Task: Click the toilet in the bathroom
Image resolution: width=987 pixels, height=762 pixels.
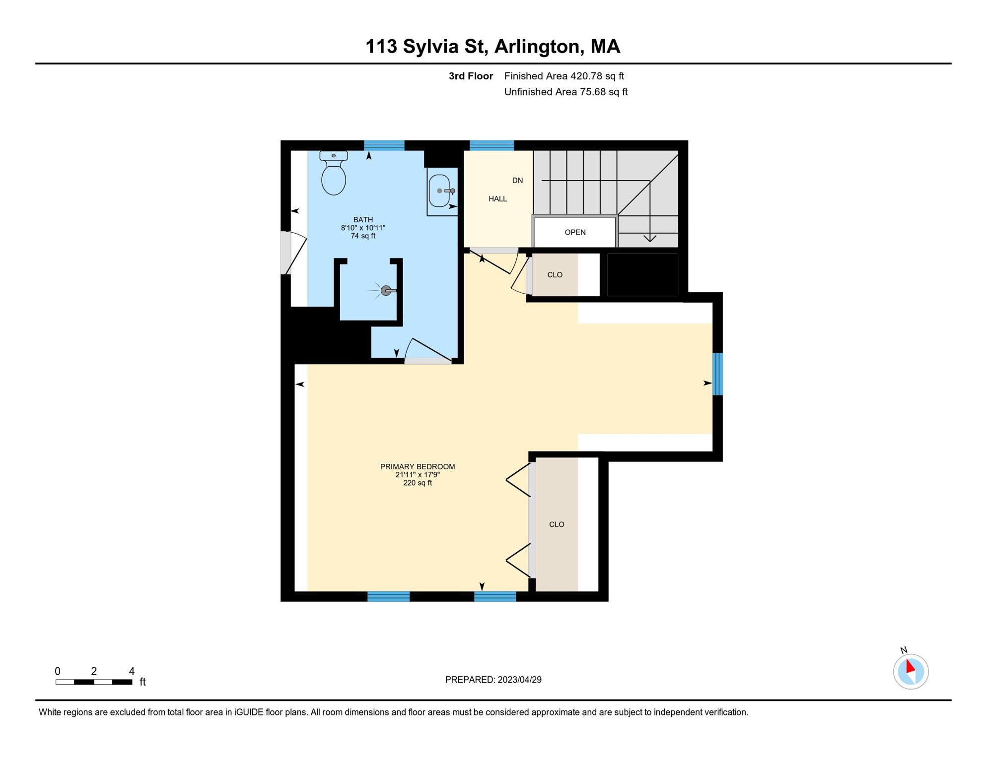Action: (x=333, y=173)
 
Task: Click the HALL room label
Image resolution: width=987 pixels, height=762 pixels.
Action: (x=497, y=199)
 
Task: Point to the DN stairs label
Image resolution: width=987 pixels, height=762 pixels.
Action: (x=517, y=181)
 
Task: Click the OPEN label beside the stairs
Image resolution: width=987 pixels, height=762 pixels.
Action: (x=575, y=232)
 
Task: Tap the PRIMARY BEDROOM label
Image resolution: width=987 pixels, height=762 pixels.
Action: (x=418, y=466)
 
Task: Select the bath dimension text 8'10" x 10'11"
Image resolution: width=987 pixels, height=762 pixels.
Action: (x=363, y=228)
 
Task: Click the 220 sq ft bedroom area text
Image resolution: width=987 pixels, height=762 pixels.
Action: (x=418, y=483)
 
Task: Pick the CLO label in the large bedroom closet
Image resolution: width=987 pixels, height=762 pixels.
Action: (x=557, y=524)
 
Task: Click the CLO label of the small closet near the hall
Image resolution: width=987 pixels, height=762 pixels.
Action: (x=555, y=275)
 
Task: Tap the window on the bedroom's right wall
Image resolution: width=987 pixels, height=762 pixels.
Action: (x=717, y=374)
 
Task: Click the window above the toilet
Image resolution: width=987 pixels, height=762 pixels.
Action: (x=384, y=145)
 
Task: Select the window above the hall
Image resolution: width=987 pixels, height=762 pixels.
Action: (x=492, y=145)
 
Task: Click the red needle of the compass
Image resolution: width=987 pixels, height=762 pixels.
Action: (x=910, y=666)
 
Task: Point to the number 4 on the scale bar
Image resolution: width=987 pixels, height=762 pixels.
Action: (x=132, y=671)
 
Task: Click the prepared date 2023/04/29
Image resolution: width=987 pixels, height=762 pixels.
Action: (x=519, y=680)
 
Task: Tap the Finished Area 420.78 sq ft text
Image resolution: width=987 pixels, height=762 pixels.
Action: (x=564, y=76)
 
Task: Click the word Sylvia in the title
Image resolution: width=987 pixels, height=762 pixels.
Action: (x=430, y=47)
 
